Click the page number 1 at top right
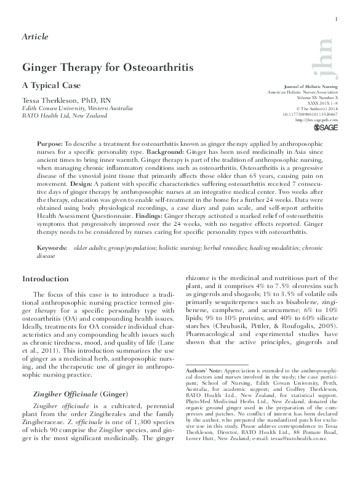point(337,20)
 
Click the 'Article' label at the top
point(35,37)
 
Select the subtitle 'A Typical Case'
point(51,85)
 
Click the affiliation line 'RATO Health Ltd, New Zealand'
point(65,115)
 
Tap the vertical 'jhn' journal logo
point(329,56)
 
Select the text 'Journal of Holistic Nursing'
point(311,87)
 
